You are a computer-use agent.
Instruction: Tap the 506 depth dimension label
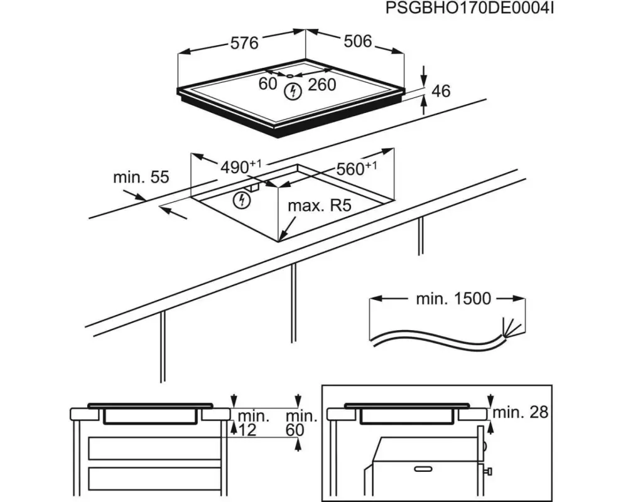pyautogui.click(x=358, y=41)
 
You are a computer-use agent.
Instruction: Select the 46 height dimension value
pyautogui.click(x=441, y=91)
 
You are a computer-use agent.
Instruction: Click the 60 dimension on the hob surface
pyautogui.click(x=268, y=83)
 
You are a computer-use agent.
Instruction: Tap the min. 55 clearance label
pyautogui.click(x=141, y=178)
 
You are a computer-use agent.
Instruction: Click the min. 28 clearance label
pyautogui.click(x=521, y=412)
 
